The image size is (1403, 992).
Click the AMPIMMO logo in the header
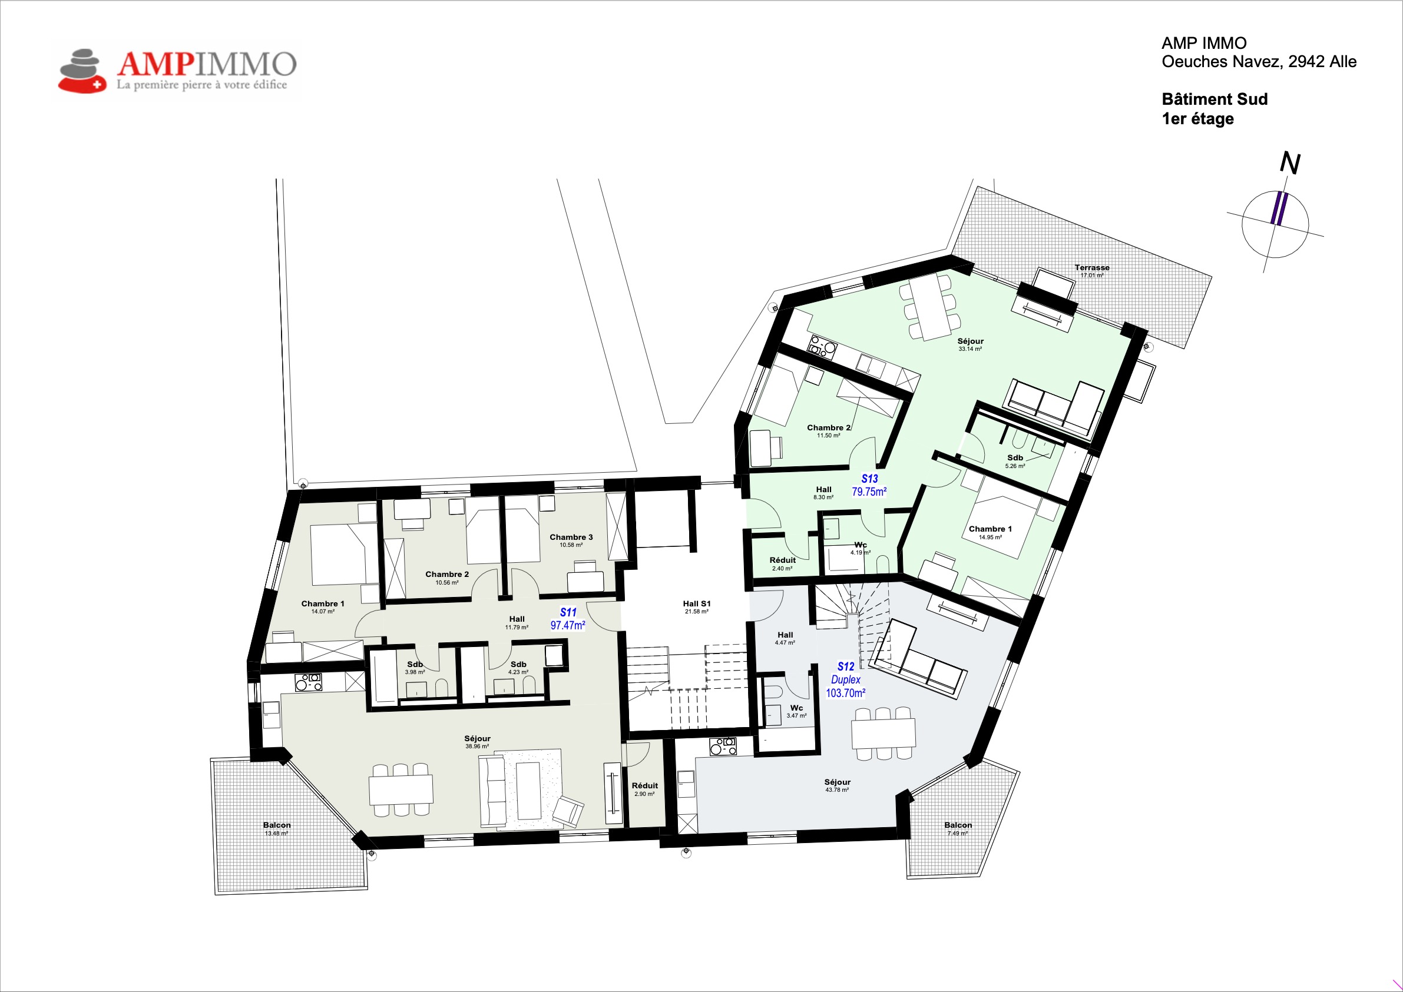coord(177,71)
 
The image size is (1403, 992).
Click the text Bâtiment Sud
coord(1215,99)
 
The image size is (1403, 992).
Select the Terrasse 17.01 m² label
coord(1092,271)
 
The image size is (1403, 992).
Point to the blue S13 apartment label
coord(869,479)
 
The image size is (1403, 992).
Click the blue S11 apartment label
coord(568,612)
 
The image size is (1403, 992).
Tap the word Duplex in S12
coord(846,679)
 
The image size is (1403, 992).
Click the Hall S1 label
coord(697,607)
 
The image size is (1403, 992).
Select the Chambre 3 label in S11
coord(571,540)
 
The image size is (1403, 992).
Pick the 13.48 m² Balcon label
coord(277,829)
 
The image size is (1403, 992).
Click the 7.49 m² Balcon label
coord(958,829)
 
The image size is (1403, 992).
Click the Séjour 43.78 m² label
coord(837,785)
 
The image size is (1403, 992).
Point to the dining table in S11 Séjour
coord(401,789)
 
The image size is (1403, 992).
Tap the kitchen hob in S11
coord(309,682)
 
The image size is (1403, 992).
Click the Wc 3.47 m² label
coord(796,712)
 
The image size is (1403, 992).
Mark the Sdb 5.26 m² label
coord(1015,461)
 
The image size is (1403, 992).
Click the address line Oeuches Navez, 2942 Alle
coord(1259,62)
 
